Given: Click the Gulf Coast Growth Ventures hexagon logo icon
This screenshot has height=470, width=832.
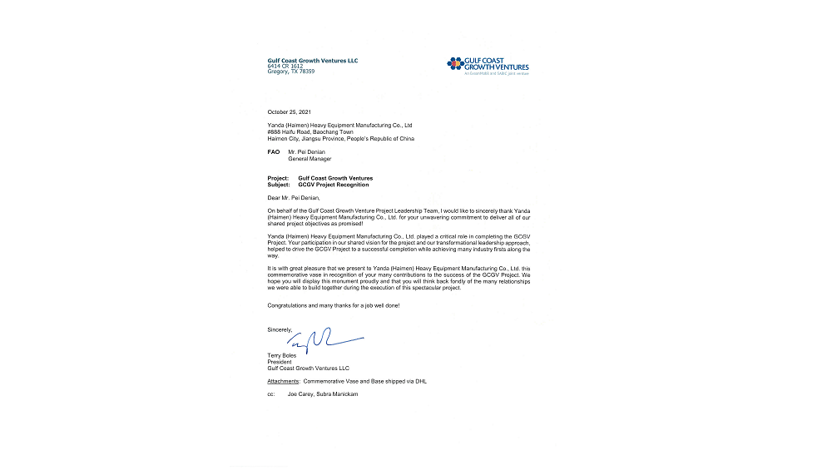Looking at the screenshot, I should pos(454,63).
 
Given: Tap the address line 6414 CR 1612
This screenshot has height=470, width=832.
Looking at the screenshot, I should pos(285,66).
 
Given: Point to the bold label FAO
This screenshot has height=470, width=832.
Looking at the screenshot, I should pos(272,152).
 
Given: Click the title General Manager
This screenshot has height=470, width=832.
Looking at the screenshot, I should pos(310,159).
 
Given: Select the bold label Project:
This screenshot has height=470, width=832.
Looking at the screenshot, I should pos(278,178).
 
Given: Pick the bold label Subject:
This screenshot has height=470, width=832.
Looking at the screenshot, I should pos(279,185).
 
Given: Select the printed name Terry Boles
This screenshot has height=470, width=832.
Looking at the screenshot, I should pos(281,355).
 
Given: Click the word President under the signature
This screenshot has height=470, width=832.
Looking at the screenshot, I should pos(280,362).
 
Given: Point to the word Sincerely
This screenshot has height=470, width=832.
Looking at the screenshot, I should pos(280,329).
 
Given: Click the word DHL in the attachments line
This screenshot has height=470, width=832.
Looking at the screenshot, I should pos(421,381).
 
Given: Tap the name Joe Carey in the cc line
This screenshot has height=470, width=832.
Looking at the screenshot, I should pos(301,394).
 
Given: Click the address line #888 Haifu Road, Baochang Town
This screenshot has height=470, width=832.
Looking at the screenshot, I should pos(310,131).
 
